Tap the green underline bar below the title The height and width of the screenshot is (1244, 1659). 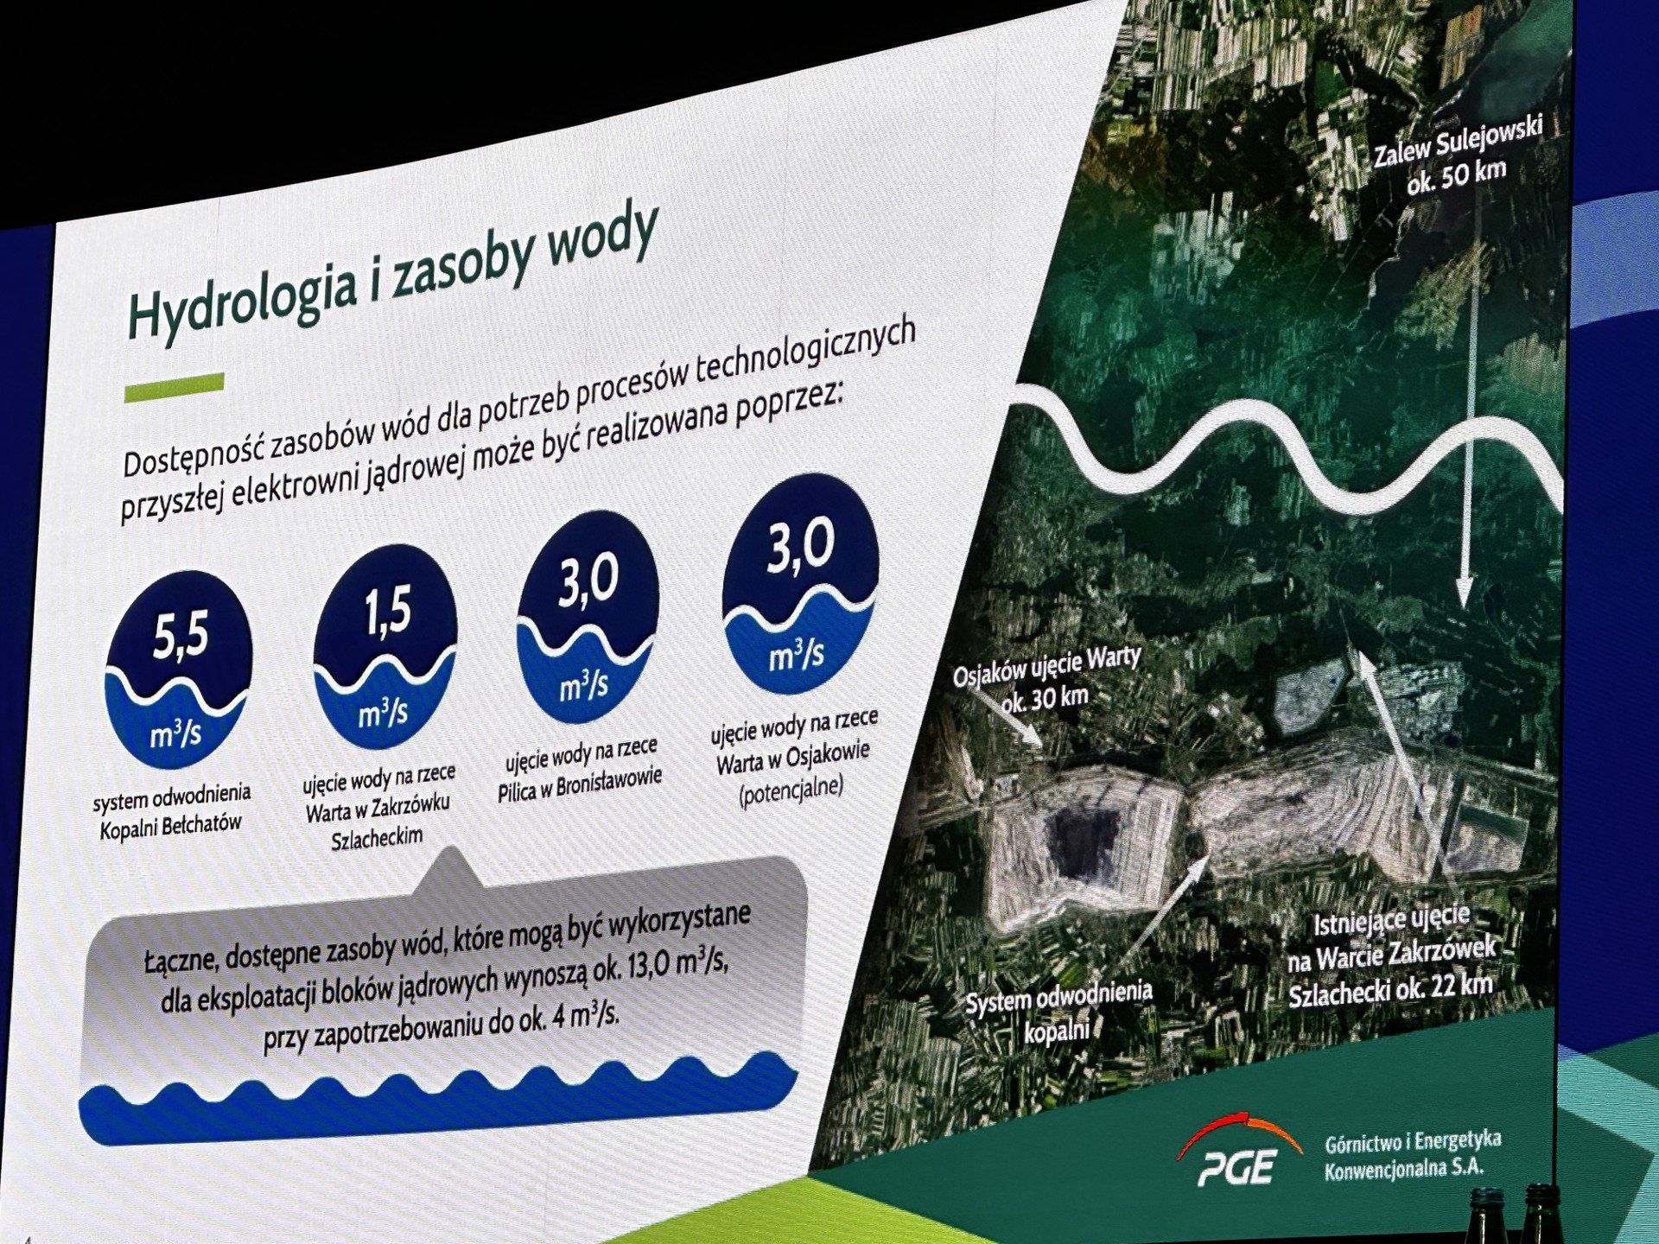coord(175,386)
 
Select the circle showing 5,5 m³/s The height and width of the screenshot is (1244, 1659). coord(178,682)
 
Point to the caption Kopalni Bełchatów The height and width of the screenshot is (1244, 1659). coord(171,825)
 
